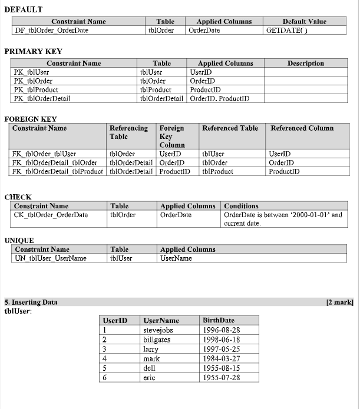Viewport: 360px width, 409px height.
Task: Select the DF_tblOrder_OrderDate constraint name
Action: [51, 31]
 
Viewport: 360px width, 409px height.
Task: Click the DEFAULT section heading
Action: [24, 10]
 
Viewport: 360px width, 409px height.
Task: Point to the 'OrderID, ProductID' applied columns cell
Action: [219, 98]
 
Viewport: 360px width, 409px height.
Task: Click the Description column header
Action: [305, 64]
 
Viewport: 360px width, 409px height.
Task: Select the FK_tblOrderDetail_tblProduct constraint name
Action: [58, 172]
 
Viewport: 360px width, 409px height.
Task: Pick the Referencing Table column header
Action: [128, 132]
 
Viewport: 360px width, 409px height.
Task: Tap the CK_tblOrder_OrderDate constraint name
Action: [51, 215]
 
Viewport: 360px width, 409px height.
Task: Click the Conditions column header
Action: [241, 206]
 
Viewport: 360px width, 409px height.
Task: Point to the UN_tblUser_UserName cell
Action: [50, 258]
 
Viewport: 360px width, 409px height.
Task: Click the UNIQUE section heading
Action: [19, 241]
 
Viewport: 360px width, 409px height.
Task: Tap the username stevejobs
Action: [158, 331]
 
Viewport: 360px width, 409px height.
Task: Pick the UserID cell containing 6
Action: [105, 377]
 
